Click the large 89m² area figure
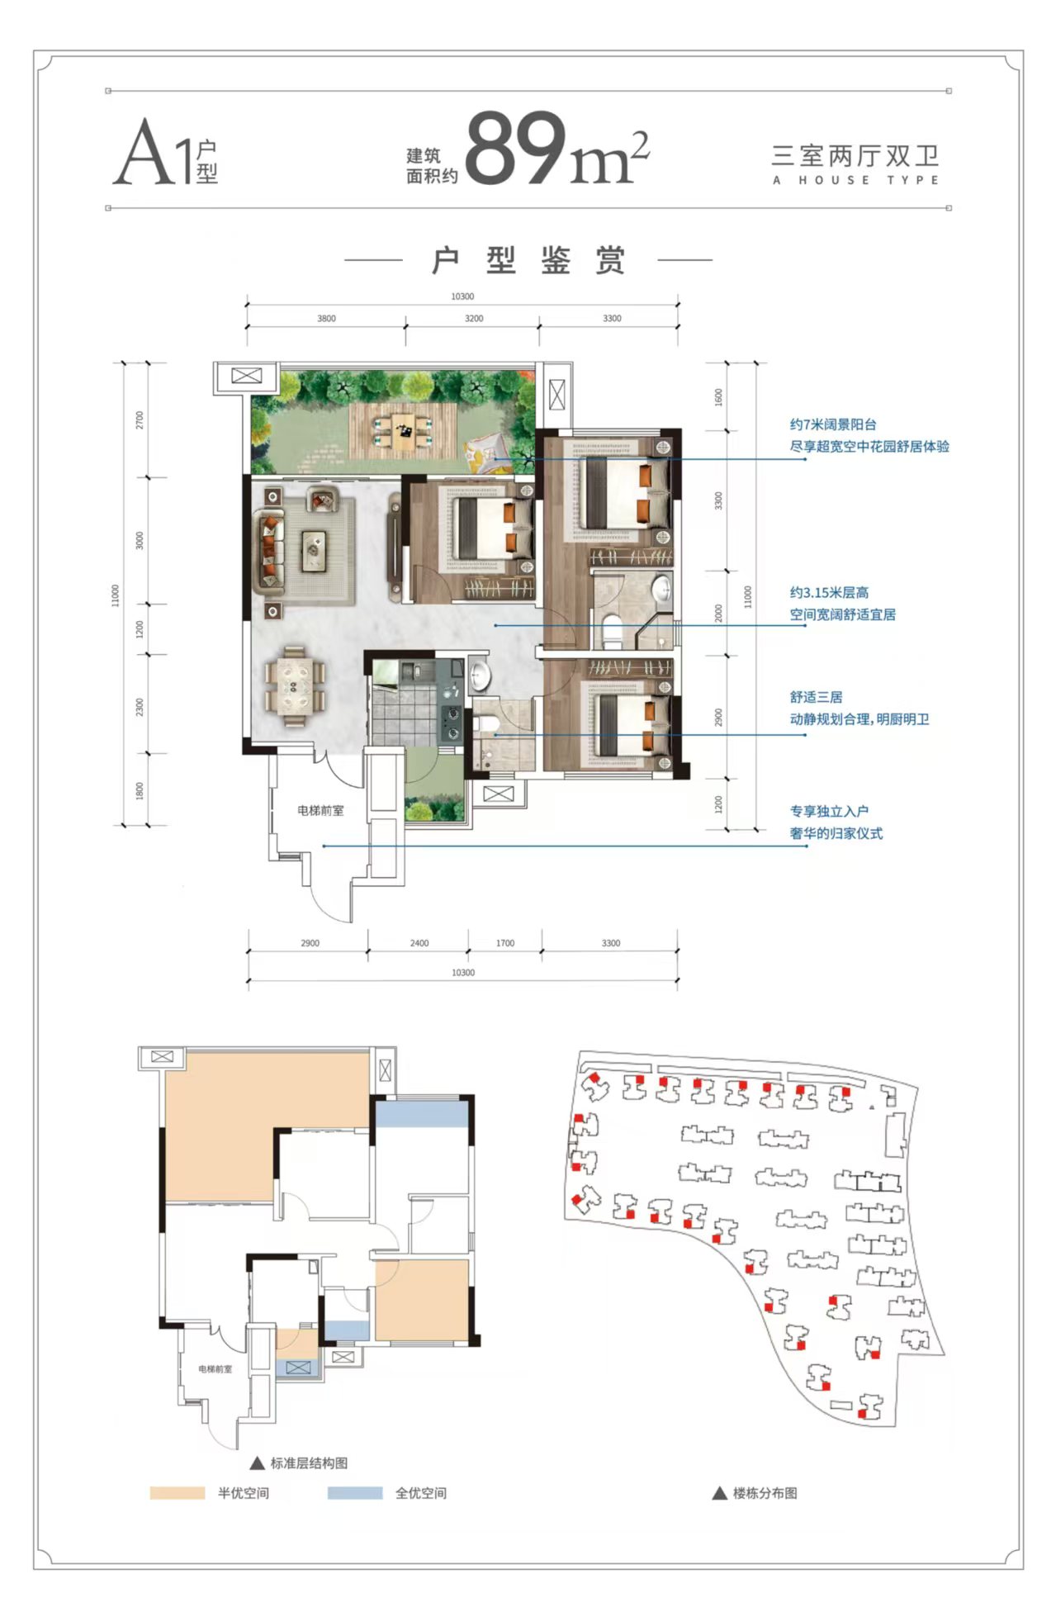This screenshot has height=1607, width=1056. (x=557, y=149)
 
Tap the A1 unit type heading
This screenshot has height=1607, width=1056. (x=165, y=152)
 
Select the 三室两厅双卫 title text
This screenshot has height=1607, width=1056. (x=855, y=155)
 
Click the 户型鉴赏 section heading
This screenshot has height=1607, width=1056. (x=528, y=260)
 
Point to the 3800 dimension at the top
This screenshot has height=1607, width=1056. (x=326, y=318)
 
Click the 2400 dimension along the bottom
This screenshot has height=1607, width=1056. (x=419, y=942)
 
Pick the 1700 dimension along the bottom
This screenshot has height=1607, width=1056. (x=505, y=942)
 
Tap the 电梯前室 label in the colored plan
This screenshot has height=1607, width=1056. (x=320, y=811)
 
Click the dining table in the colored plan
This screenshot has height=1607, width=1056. (x=294, y=686)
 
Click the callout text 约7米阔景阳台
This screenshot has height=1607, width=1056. (x=833, y=424)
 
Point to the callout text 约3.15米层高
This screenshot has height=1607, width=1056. (x=829, y=592)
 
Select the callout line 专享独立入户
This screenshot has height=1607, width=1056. (x=566, y=846)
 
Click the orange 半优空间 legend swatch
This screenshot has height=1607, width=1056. (x=178, y=1493)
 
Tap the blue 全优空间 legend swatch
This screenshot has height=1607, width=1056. (x=355, y=1493)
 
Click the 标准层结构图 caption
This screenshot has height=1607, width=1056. (x=309, y=1462)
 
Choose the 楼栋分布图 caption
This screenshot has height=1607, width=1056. (x=765, y=1493)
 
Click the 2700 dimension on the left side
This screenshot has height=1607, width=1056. (x=140, y=420)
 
